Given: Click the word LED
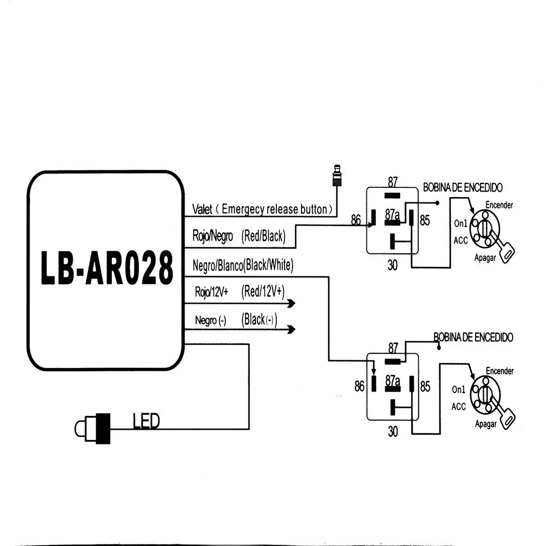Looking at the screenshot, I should click(x=146, y=420).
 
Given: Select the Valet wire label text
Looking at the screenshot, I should click(x=262, y=209).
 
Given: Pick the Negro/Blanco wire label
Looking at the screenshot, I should click(x=243, y=266).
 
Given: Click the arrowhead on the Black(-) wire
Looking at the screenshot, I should click(x=290, y=329).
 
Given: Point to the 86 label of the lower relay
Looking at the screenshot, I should click(x=359, y=387).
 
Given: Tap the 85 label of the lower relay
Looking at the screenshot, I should click(x=425, y=387).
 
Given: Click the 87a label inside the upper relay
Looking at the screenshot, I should click(x=392, y=215).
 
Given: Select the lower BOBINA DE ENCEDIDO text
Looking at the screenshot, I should click(x=473, y=337).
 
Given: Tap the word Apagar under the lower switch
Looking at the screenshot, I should click(x=485, y=424).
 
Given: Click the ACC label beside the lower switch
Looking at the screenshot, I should click(x=459, y=406).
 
